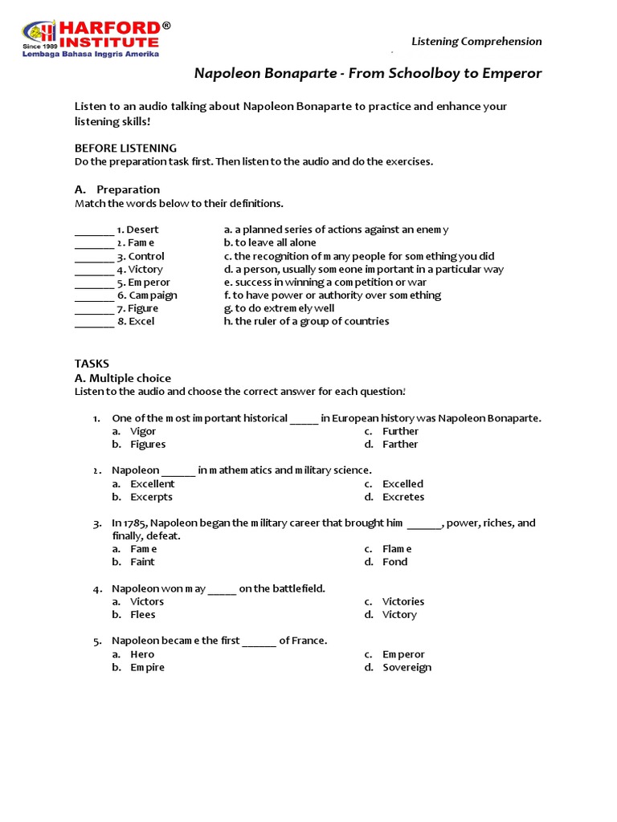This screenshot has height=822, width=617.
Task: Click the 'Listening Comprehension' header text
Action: (x=476, y=41)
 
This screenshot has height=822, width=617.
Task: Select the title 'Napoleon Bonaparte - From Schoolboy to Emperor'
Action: (x=368, y=74)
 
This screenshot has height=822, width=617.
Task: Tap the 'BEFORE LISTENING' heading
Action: (x=125, y=149)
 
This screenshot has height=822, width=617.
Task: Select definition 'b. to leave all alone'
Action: (x=270, y=242)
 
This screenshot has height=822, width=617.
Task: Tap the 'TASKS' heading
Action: (x=92, y=364)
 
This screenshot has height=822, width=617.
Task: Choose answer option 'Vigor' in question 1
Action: (x=143, y=431)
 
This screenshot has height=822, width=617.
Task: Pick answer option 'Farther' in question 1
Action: (x=400, y=444)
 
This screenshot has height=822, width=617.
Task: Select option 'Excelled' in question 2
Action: (x=402, y=484)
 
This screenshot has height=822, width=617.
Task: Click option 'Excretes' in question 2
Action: (x=403, y=497)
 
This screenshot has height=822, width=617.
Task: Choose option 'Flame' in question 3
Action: (x=397, y=549)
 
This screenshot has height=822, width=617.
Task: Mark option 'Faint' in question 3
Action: (x=143, y=562)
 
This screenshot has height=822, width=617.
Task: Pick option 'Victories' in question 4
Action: (x=403, y=601)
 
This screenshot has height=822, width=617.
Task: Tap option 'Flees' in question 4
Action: (x=143, y=615)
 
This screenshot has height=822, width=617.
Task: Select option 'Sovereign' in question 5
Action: (x=407, y=667)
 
